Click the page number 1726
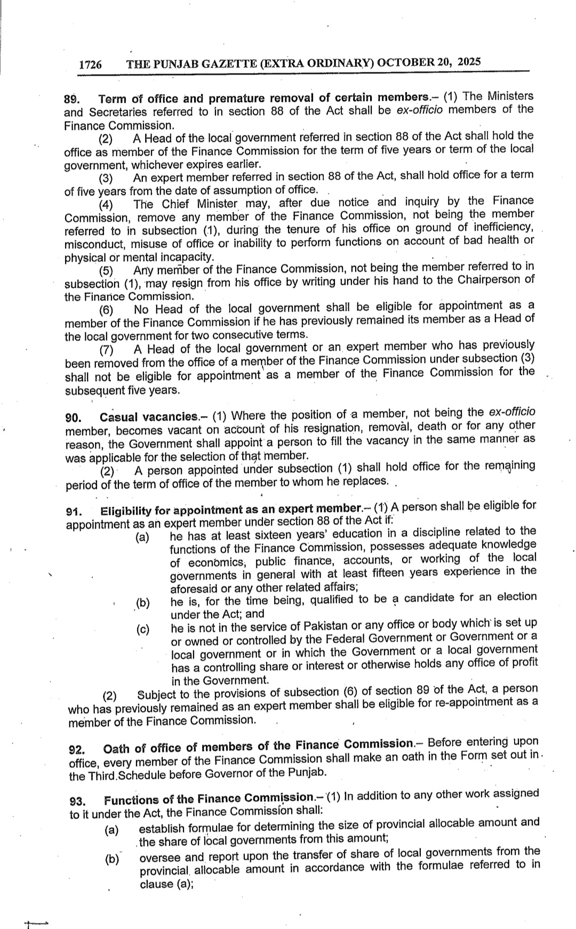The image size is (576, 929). (90, 65)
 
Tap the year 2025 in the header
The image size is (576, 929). (469, 61)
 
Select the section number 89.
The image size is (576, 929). (71, 100)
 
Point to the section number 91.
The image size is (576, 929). (74, 512)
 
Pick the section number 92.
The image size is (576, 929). (77, 749)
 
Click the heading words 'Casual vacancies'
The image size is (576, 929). (149, 416)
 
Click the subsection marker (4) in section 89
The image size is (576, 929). (106, 205)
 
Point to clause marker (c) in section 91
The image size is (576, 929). (143, 629)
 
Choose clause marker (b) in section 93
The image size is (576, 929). (112, 859)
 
